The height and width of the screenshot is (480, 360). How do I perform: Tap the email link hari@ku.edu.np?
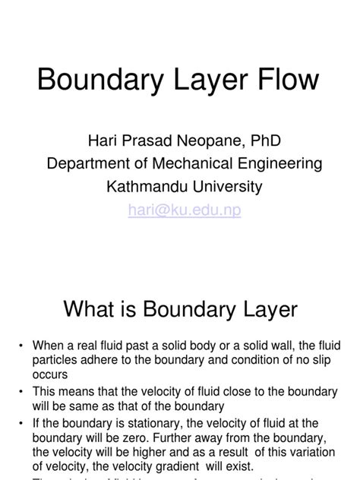pyautogui.click(x=185, y=211)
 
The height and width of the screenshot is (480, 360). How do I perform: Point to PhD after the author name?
pyautogui.click(x=271, y=141)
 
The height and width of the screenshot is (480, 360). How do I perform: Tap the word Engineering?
pyautogui.click(x=283, y=164)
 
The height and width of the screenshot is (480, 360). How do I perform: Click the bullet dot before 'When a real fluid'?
pyautogui.click(x=21, y=346)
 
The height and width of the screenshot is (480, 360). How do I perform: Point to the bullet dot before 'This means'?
pyautogui.click(x=21, y=392)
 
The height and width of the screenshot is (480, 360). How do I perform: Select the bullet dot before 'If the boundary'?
pyautogui.click(x=21, y=423)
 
